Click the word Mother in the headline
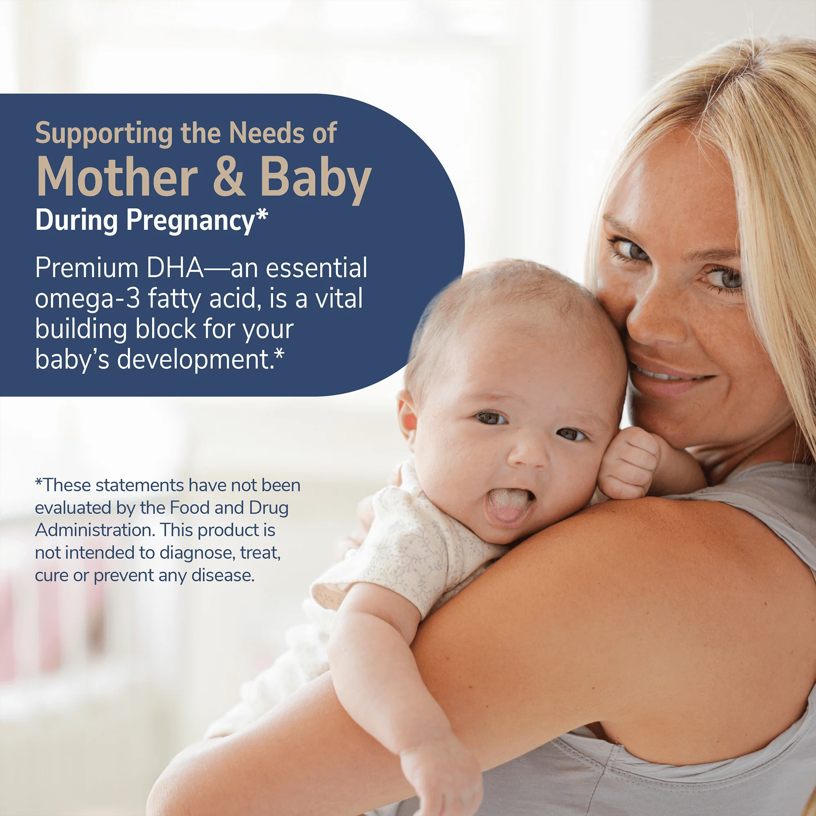(x=118, y=177)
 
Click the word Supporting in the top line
(x=104, y=134)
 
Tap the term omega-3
(x=87, y=299)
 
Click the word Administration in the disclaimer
(x=95, y=530)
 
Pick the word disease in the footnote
(x=223, y=575)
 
